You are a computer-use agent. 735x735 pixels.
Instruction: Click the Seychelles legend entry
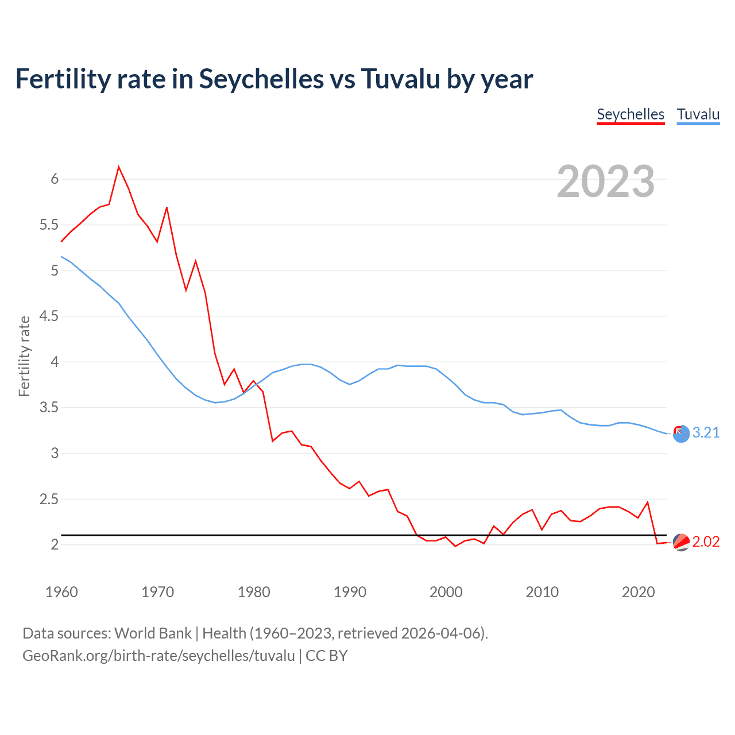coord(630,114)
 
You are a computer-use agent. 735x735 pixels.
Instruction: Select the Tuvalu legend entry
coord(698,114)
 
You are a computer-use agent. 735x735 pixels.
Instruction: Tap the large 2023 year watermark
coord(606,181)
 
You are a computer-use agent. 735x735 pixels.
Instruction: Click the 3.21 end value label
coord(706,433)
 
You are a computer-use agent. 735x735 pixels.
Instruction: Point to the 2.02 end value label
coord(706,542)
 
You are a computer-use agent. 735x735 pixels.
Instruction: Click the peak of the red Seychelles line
coord(118,167)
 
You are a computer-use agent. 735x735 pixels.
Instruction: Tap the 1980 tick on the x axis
coord(254,592)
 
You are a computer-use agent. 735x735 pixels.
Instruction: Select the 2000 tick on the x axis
coord(446,592)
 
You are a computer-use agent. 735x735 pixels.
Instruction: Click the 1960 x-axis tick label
coord(61,592)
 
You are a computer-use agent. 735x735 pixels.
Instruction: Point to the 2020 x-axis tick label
coord(638,592)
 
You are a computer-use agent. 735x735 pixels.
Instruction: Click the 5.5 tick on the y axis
coord(49,225)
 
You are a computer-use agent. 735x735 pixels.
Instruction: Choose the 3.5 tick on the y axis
coord(49,408)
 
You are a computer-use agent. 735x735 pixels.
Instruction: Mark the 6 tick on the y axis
coord(55,179)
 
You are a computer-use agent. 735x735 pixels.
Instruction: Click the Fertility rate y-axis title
coord(24,356)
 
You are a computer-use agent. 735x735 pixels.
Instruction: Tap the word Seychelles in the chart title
coord(261,79)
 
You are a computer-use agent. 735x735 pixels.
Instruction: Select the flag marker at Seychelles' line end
coord(681,542)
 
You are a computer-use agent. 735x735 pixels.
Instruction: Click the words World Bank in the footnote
coord(153,633)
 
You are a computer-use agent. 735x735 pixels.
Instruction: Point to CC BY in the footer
coord(326,656)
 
